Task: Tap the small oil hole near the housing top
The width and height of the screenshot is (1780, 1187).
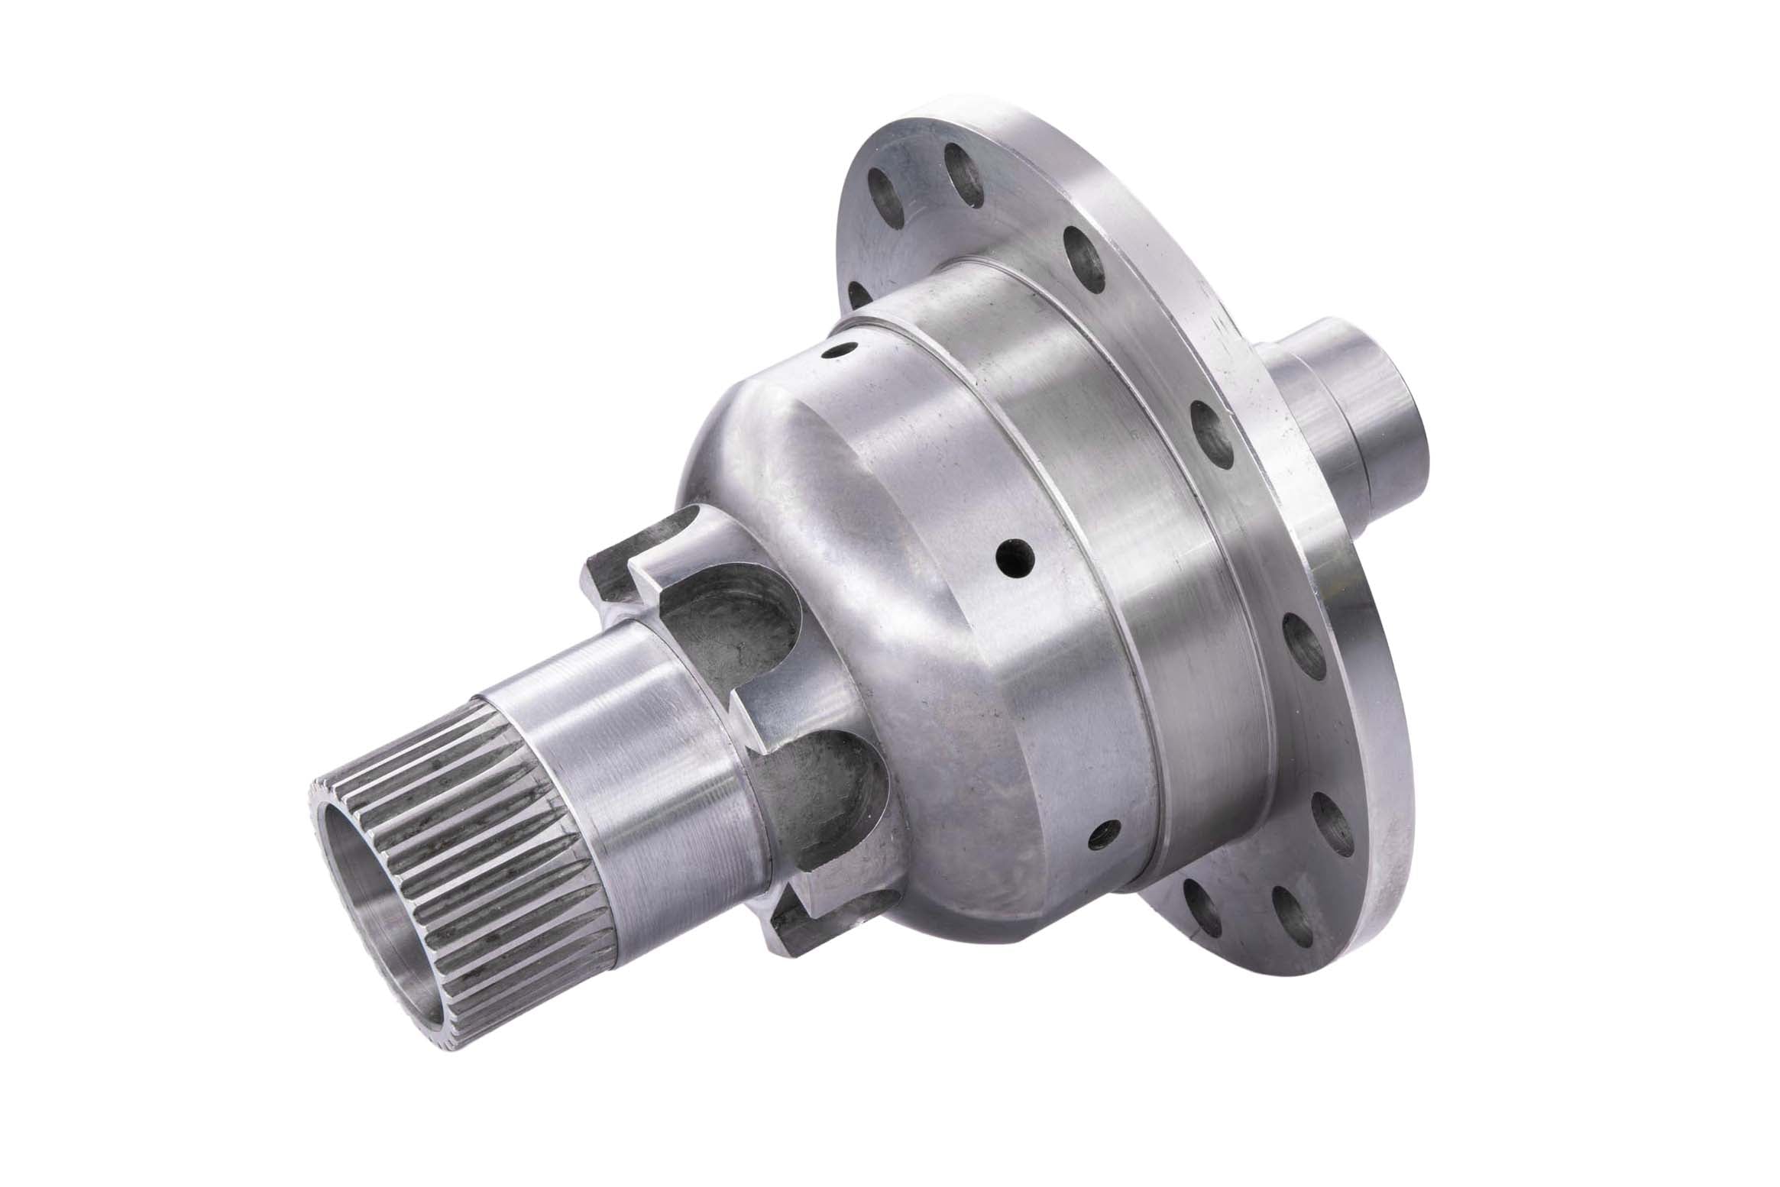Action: [838, 353]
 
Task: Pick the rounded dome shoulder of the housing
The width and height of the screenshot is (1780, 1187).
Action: [764, 428]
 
